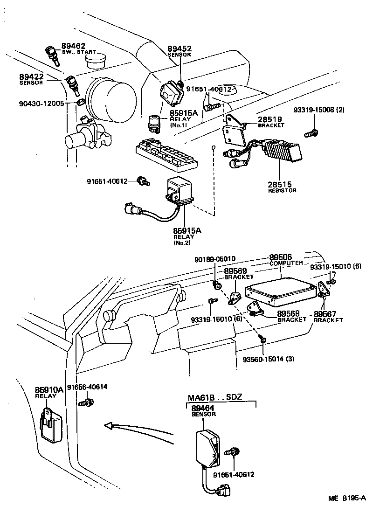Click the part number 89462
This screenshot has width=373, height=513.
click(73, 46)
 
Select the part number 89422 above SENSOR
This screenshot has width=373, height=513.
click(31, 76)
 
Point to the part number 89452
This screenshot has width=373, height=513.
click(180, 49)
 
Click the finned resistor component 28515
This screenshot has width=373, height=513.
click(282, 152)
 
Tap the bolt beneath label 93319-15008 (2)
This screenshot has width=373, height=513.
click(311, 133)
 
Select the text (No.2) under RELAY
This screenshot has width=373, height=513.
click(182, 243)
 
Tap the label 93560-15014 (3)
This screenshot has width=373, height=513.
click(269, 359)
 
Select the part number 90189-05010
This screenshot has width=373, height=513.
click(215, 259)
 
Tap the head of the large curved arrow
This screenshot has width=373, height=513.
click(108, 425)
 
